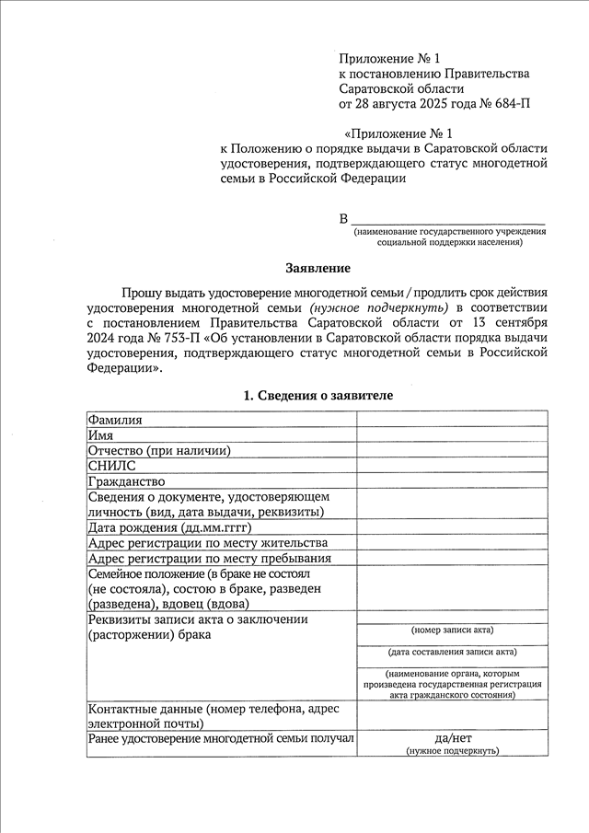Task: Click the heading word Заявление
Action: coord(318,268)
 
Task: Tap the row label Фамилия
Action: coord(115,420)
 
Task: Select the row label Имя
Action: coord(100,435)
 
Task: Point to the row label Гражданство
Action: coord(126,481)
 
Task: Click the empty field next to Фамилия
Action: coord(451,420)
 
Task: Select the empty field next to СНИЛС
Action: coord(451,466)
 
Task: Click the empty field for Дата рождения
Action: coord(451,527)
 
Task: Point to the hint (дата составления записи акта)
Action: coord(452,652)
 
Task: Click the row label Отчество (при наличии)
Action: coord(158,450)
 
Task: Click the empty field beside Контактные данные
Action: coord(451,715)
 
